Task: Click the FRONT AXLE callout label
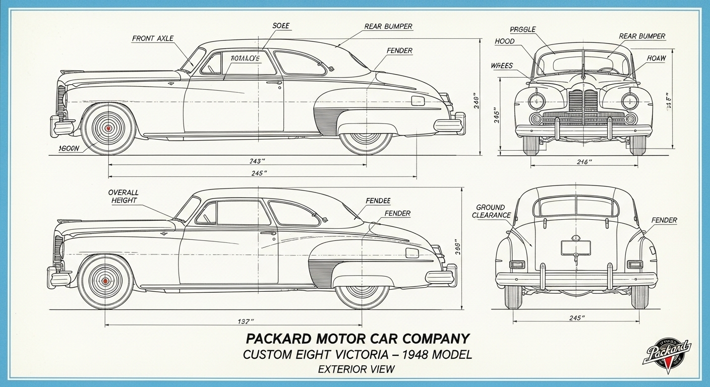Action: coord(153,38)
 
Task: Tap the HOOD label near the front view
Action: coord(505,41)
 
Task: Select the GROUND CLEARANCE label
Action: coord(491,211)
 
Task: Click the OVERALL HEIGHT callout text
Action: coord(123,197)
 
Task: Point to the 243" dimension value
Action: coord(257,161)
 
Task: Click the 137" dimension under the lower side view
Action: coord(246,321)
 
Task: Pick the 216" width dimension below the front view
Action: coord(583,162)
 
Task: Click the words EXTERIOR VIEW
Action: coord(356,369)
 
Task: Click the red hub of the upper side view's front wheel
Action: coord(108,128)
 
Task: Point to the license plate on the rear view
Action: coord(576,247)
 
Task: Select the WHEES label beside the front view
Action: coord(502,66)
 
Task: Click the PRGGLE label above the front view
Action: coord(522,30)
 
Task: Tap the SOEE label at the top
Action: coord(281,25)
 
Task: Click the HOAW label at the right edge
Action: coord(656,58)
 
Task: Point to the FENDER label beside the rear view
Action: coord(664,220)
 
